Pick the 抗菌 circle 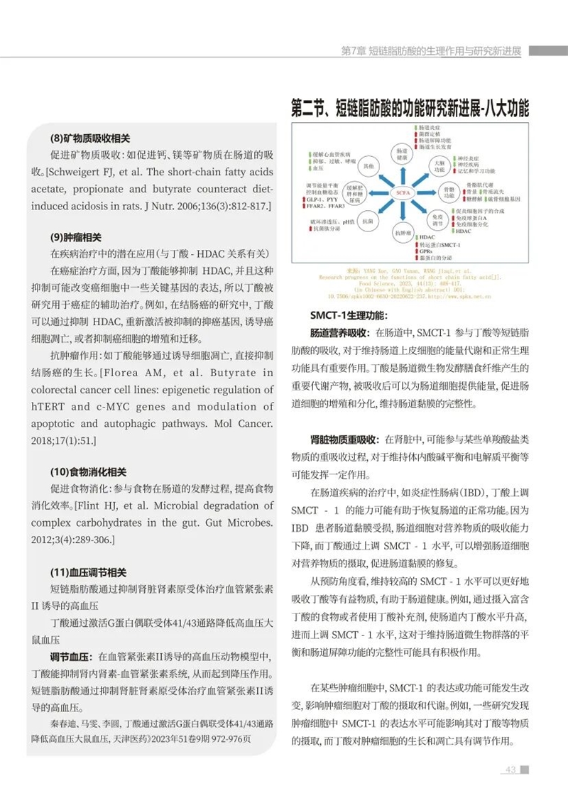pyautogui.click(x=368, y=221)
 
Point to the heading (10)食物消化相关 pyautogui.click(x=88, y=471)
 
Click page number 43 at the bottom pyautogui.click(x=510, y=770)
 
